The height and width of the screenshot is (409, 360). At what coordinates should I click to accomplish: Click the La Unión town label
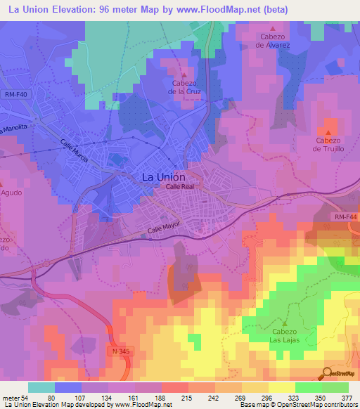tap(164, 177)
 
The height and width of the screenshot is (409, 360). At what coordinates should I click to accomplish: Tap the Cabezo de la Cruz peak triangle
tap(184, 75)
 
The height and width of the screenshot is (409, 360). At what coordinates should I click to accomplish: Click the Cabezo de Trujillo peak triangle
tap(328, 131)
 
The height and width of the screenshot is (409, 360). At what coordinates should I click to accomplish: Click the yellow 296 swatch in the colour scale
tap(255, 387)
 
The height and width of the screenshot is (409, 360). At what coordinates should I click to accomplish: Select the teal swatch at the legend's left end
tap(41, 387)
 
